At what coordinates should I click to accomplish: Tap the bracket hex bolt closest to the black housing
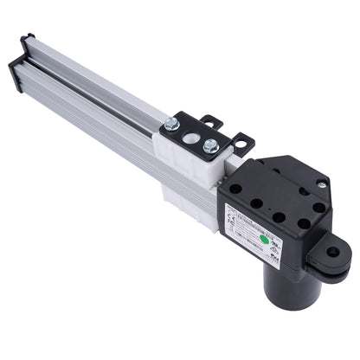point(209,145)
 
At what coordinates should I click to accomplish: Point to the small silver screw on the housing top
point(321,183)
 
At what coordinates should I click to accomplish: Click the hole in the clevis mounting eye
point(332,253)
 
